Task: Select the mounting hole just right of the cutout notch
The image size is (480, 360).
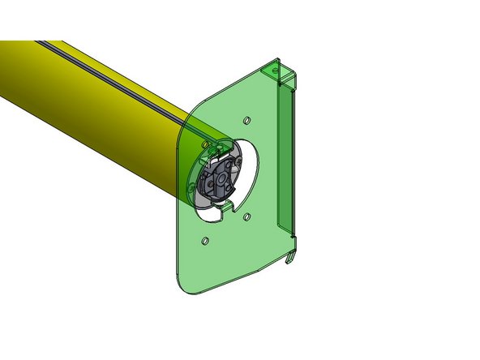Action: point(247,216)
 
